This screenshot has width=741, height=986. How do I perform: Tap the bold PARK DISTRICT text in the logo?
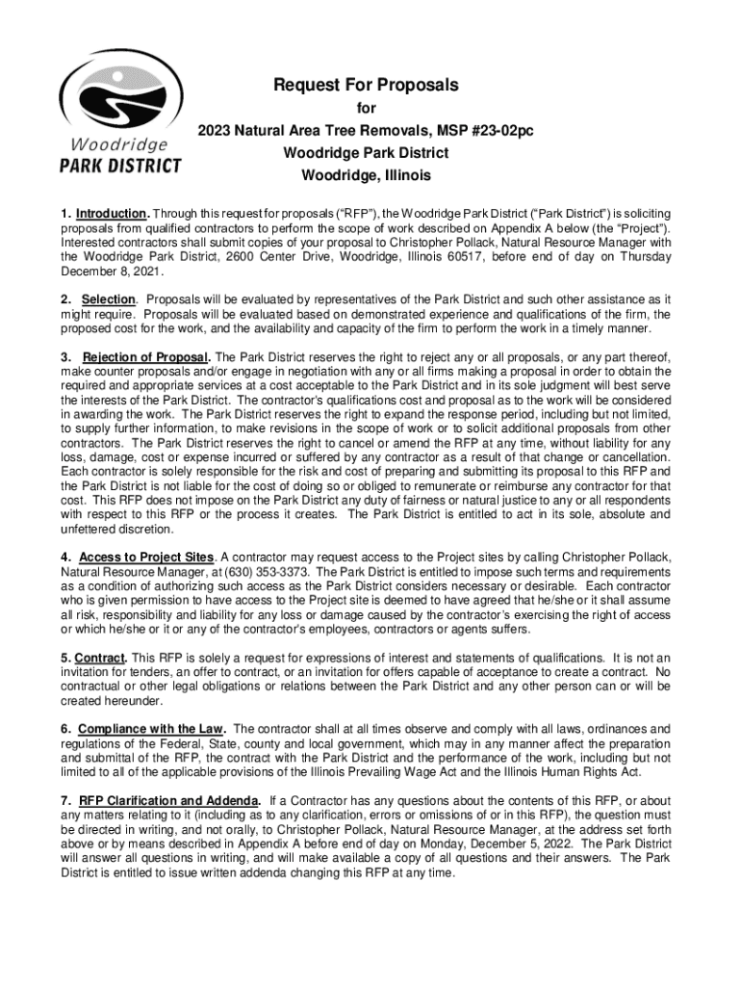point(120,165)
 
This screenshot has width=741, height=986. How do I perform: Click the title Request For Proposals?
point(366,86)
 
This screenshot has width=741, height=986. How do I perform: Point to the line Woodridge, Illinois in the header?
point(366,176)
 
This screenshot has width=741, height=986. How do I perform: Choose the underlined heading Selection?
point(108,300)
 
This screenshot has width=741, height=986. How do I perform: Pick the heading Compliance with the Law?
point(151,729)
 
